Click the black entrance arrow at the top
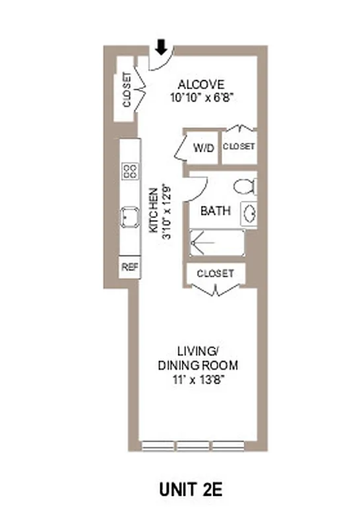[x=160, y=47]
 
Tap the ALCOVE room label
[x=202, y=84]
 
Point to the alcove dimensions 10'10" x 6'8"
[x=202, y=96]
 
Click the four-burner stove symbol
[x=129, y=171]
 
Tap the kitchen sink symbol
[x=129, y=217]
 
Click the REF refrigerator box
[x=129, y=267]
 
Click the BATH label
[x=216, y=211]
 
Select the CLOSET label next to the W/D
[x=239, y=146]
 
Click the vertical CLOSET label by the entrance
[x=127, y=90]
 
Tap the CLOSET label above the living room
[x=215, y=273]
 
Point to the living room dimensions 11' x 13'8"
[x=198, y=379]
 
